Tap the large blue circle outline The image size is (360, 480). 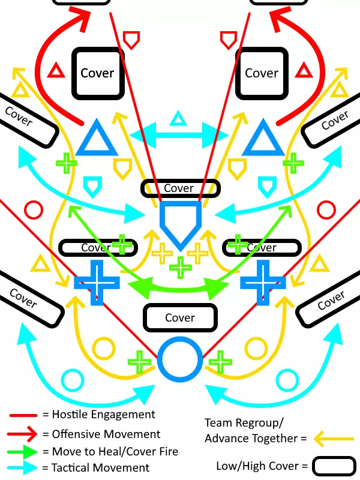pyautogui.click(x=179, y=360)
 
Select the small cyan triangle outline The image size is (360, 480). pyautogui.click(x=178, y=119)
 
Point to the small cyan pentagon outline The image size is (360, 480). pyautogui.click(x=91, y=187)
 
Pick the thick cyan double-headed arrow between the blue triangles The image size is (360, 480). pyautogui.click(x=178, y=133)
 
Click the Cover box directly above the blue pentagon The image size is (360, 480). pyautogui.click(x=180, y=188)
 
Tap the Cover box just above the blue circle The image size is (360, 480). pyautogui.click(x=179, y=318)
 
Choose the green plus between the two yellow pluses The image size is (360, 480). pyautogui.click(x=179, y=266)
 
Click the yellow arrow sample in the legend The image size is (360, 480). pyautogui.click(x=332, y=439)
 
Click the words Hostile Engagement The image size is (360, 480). pyautogui.click(x=103, y=415)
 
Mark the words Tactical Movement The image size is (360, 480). pyautogui.click(x=101, y=468)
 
